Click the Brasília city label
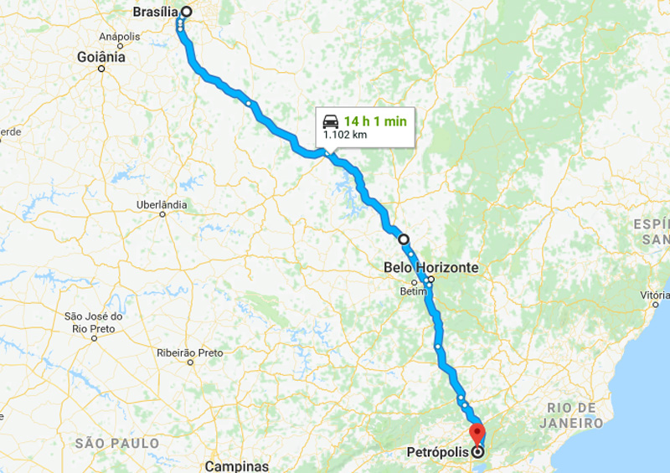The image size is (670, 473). tap(156, 13)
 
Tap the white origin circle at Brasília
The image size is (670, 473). tap(186, 13)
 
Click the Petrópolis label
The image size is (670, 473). tap(438, 452)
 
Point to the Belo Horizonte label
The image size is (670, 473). tap(430, 268)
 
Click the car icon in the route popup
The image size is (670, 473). tap(330, 121)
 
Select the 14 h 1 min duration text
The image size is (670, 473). tap(375, 121)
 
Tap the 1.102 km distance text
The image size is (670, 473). tap(345, 134)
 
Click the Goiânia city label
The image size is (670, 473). tap(100, 57)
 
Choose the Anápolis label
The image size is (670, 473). tap(120, 37)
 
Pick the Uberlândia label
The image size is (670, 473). tap(162, 204)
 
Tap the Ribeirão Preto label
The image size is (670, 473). tap(190, 352)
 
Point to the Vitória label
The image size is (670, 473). tap(654, 295)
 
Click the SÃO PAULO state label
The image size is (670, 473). tap(116, 443)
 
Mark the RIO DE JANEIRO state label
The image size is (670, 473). tap(583, 415)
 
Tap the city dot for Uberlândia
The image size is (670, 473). tap(162, 214)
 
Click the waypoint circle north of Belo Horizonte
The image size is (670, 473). tap(404, 239)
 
